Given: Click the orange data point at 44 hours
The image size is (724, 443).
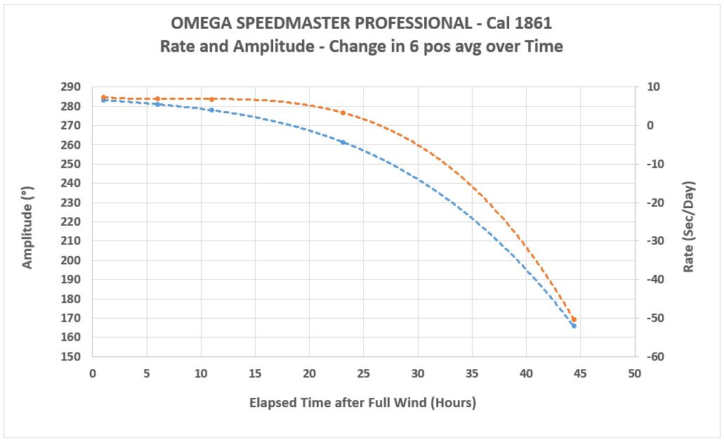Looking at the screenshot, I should (574, 319).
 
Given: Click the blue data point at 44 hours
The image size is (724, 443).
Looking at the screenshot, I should (574, 326).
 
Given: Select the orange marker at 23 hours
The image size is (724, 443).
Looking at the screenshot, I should (343, 113).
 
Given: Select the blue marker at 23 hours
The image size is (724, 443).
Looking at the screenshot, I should (343, 142).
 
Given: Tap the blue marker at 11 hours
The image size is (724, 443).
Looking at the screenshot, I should (211, 110).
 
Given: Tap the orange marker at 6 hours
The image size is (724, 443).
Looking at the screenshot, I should (157, 99).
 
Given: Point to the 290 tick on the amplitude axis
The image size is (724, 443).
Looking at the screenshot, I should (72, 87).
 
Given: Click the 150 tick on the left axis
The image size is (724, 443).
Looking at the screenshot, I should (72, 357).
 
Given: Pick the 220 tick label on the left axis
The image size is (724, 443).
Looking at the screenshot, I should (72, 222).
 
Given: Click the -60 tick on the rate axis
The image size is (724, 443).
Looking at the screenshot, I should (654, 357).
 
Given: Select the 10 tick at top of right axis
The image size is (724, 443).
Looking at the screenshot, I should (652, 87).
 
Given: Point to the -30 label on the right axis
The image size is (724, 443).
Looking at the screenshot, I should (654, 241).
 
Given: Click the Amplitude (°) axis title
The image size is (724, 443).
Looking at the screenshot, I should (28, 222).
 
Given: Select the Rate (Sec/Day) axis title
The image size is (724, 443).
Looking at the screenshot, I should (689, 222).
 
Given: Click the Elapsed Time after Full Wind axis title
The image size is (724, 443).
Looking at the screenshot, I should (362, 403).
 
